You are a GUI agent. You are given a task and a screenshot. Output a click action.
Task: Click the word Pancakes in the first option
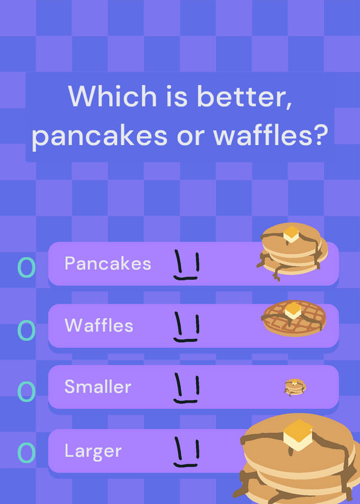point(108,263)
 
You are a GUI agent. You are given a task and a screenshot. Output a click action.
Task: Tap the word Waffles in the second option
point(99,325)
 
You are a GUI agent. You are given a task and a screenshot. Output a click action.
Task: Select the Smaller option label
point(98,386)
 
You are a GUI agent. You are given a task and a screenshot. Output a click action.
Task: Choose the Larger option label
point(93,451)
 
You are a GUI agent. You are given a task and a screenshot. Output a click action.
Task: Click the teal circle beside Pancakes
point(26,267)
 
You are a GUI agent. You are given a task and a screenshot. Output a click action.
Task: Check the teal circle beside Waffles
point(26,330)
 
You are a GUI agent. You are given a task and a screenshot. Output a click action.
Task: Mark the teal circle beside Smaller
point(26,391)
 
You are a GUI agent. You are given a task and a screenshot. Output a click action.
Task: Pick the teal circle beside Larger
point(26,452)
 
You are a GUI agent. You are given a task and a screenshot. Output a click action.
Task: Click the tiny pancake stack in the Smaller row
point(295,387)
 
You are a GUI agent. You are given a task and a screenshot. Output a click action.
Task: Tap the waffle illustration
point(294,318)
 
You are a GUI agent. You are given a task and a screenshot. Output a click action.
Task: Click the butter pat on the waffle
point(293,311)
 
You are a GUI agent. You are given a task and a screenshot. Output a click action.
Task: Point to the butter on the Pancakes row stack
point(291,234)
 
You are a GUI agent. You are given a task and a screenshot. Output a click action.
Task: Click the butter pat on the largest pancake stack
point(298,435)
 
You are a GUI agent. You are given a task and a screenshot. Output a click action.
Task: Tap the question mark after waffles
point(320,135)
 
